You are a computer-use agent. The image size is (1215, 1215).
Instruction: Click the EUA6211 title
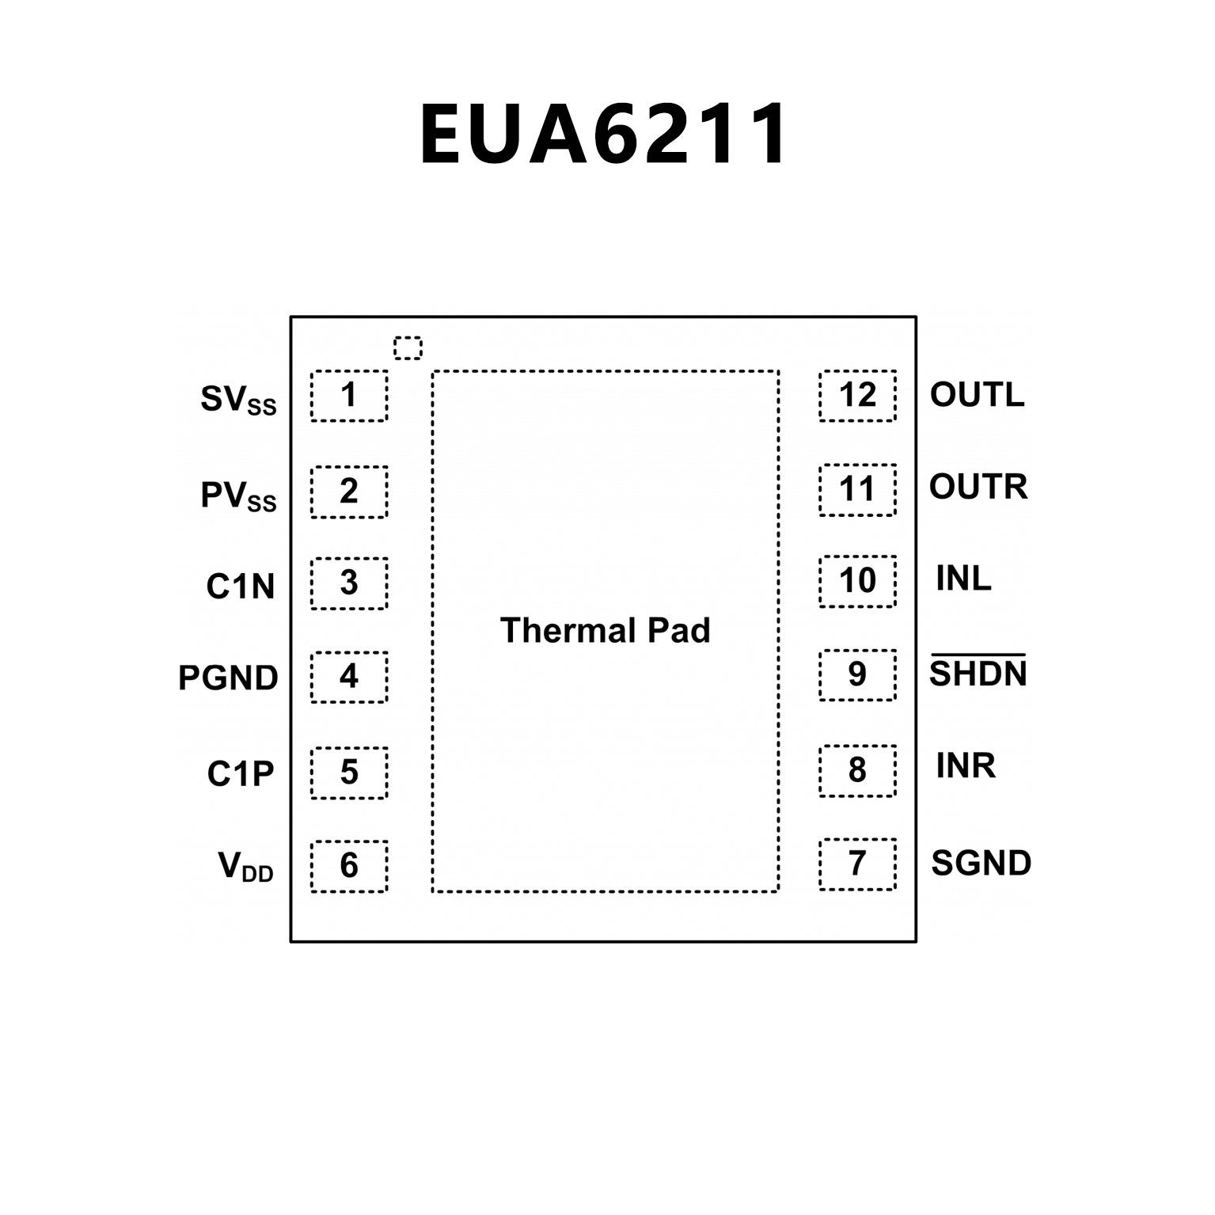tap(603, 135)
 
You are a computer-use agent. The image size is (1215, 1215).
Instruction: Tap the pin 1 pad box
tap(349, 396)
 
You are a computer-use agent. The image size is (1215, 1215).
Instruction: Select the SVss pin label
tap(237, 400)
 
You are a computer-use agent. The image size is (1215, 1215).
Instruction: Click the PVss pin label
tap(237, 496)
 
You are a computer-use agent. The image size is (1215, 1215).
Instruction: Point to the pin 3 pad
tap(349, 583)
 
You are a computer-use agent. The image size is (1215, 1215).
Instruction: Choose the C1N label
tap(240, 587)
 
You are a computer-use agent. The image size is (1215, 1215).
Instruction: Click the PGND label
tap(228, 678)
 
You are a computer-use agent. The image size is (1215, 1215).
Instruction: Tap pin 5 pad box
tap(349, 773)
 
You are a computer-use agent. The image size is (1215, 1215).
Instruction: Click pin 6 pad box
tap(349, 866)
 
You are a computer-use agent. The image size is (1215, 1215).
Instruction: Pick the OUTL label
tap(977, 394)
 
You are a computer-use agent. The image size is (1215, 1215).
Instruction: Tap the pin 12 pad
tap(857, 395)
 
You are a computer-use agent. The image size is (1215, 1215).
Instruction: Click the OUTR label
tap(978, 487)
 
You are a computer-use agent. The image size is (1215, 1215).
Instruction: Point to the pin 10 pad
tap(857, 582)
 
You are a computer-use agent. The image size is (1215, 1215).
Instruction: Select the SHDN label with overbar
tap(978, 672)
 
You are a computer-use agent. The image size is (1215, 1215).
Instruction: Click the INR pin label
tap(966, 765)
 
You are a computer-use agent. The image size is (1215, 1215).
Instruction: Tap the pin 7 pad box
tap(857, 864)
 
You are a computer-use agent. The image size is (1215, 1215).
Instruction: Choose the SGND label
tap(981, 863)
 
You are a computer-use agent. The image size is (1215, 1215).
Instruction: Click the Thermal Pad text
tap(605, 631)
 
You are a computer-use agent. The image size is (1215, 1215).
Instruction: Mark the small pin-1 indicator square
tap(408, 347)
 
